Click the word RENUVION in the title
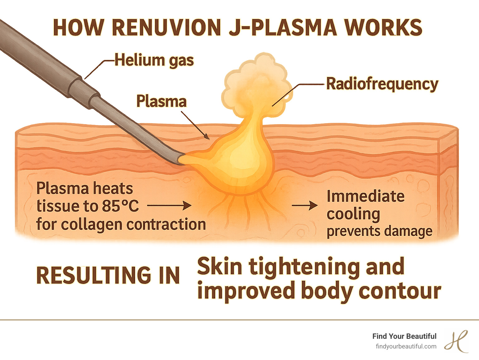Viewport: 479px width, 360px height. [x=166, y=27]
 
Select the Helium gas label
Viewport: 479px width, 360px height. [x=154, y=60]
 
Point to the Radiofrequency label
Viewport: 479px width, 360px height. [x=382, y=84]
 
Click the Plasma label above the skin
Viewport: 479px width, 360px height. [x=161, y=101]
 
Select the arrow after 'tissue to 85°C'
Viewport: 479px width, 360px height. [x=169, y=206]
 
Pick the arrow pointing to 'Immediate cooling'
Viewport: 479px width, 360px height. [x=305, y=206]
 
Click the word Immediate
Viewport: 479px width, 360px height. [x=365, y=197]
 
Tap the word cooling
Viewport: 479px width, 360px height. [x=353, y=214]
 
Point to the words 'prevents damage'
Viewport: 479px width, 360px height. [x=379, y=231]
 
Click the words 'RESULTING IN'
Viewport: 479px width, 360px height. [x=108, y=275]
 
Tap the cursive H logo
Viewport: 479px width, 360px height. [x=456, y=341]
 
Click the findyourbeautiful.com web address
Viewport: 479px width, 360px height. [x=406, y=346]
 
